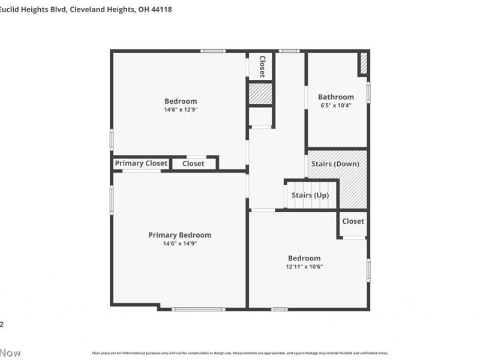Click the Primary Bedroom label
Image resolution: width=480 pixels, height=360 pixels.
click(x=179, y=235)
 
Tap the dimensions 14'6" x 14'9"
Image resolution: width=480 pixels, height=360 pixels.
click(x=179, y=244)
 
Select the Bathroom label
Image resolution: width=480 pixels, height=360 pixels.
click(x=335, y=97)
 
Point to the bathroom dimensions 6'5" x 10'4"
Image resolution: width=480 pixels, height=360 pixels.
click(x=335, y=105)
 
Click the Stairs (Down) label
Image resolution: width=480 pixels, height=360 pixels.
click(x=335, y=164)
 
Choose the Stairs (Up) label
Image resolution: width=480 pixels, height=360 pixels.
click(x=310, y=195)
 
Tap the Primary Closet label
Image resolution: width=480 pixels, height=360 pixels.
click(x=141, y=163)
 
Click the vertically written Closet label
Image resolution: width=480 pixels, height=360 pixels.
click(x=262, y=67)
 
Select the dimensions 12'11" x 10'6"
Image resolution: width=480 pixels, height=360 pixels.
click(x=305, y=266)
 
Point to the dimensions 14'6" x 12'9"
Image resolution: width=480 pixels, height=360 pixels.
click(x=181, y=110)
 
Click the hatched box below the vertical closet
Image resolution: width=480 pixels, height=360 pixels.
click(x=260, y=94)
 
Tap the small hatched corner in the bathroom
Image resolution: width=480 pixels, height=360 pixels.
click(x=363, y=64)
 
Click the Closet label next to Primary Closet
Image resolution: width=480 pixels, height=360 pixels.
click(x=193, y=163)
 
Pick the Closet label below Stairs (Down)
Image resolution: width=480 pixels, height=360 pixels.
click(x=353, y=221)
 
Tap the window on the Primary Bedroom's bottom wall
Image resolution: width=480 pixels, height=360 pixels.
click(x=198, y=309)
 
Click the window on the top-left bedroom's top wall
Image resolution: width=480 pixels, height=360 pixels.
click(x=213, y=51)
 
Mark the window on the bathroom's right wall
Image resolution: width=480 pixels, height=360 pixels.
click(x=368, y=93)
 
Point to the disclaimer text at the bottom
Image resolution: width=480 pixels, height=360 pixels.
click(x=240, y=353)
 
